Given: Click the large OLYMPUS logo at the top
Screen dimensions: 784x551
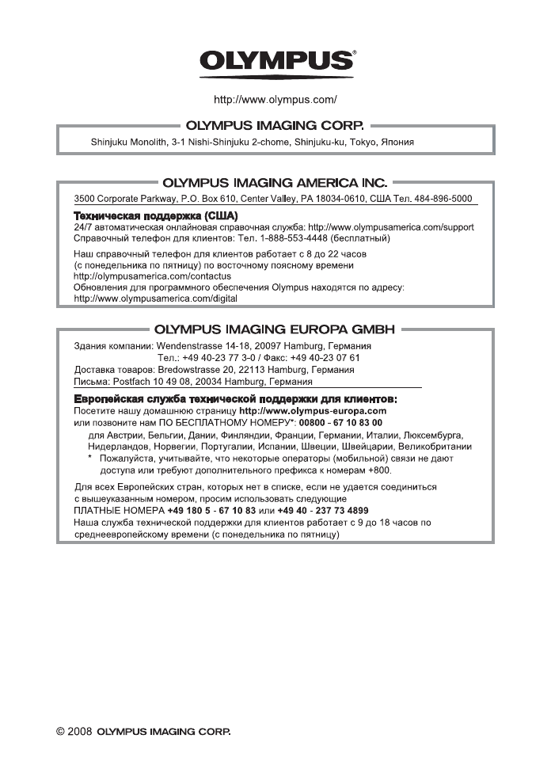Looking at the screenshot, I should (275, 62).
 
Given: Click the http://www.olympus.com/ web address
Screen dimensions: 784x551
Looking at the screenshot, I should (275, 100).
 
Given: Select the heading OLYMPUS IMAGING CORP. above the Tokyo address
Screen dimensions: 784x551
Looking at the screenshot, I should (275, 125).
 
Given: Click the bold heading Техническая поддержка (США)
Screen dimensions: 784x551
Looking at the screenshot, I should (156, 215).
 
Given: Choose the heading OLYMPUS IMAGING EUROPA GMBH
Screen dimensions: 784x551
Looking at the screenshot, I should (275, 328).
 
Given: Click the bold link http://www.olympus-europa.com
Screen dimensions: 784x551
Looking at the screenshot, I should (312, 411).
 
